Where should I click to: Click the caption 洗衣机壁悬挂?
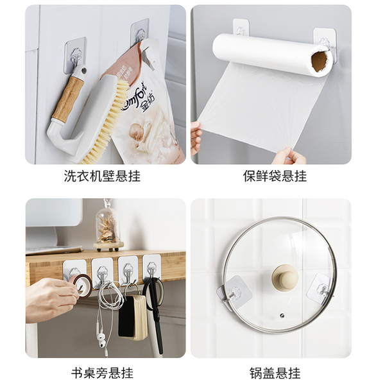tap(102, 176)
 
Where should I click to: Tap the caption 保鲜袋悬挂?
tap(275, 176)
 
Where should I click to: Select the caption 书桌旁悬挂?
tap(102, 373)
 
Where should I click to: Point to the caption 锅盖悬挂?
tap(275, 373)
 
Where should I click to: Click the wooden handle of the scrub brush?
tap(68, 98)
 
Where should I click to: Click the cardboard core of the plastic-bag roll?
tap(320, 62)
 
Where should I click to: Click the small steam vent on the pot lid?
tap(282, 314)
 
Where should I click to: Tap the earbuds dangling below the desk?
tap(101, 336)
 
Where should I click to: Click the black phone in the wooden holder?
tap(127, 317)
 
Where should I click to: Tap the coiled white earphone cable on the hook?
tap(110, 295)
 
